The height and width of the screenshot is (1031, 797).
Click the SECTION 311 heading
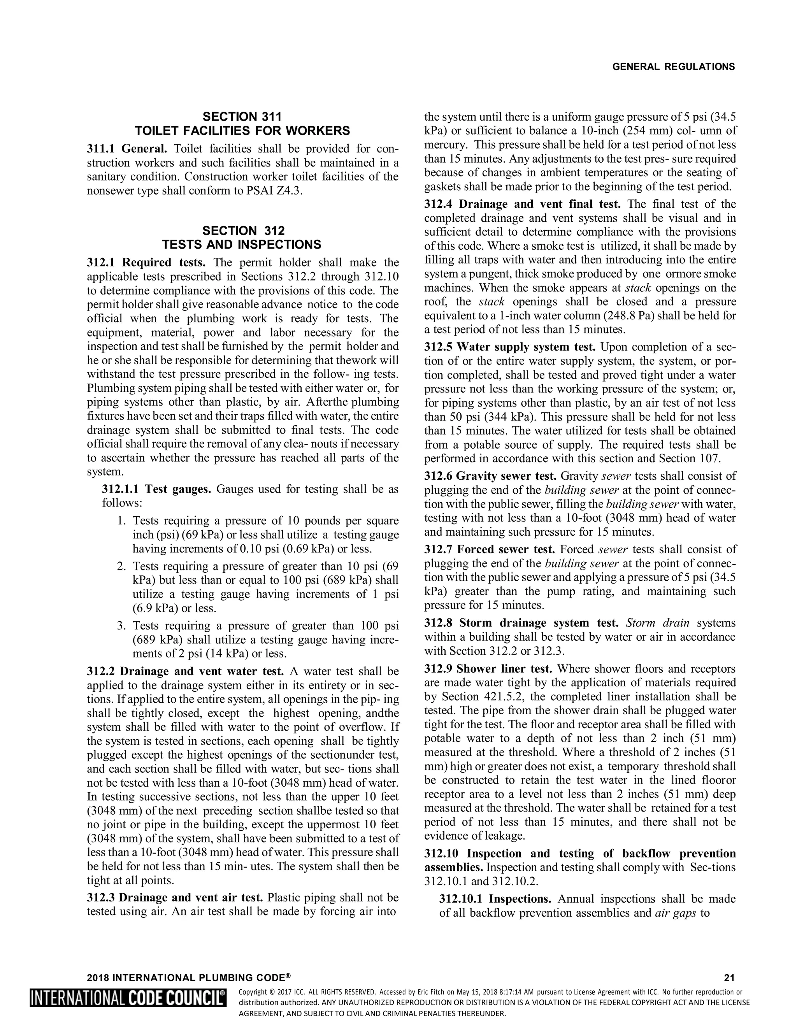(242, 117)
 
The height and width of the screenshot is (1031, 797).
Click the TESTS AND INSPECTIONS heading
(242, 245)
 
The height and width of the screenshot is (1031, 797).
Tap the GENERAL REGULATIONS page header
(673, 67)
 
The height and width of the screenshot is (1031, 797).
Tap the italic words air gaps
(676, 913)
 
